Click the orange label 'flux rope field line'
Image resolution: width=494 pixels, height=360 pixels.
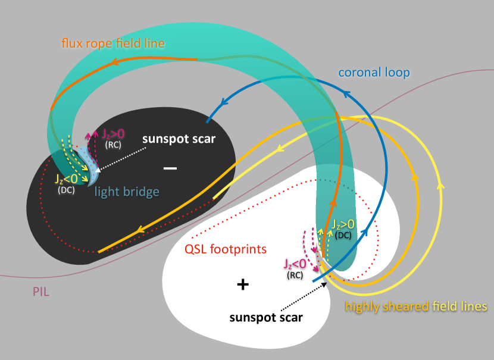[x=113, y=43]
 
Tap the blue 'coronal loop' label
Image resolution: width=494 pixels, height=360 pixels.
[x=374, y=73]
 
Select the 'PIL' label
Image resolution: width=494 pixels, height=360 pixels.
[x=42, y=292]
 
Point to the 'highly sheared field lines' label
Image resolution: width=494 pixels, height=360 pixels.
[x=416, y=306]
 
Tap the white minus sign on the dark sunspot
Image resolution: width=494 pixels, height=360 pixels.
[x=170, y=169]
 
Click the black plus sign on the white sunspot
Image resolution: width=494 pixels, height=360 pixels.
[x=242, y=284]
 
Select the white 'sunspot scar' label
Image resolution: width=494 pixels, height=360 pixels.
[x=179, y=139]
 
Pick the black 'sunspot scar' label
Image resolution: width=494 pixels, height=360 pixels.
[x=266, y=317]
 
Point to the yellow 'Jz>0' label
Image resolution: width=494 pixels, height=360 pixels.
[x=343, y=224]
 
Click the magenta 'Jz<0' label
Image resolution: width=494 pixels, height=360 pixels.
[x=296, y=263]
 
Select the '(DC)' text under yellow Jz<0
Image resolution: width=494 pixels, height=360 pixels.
[x=67, y=190]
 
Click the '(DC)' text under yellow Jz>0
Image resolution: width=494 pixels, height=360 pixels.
[x=343, y=235]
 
